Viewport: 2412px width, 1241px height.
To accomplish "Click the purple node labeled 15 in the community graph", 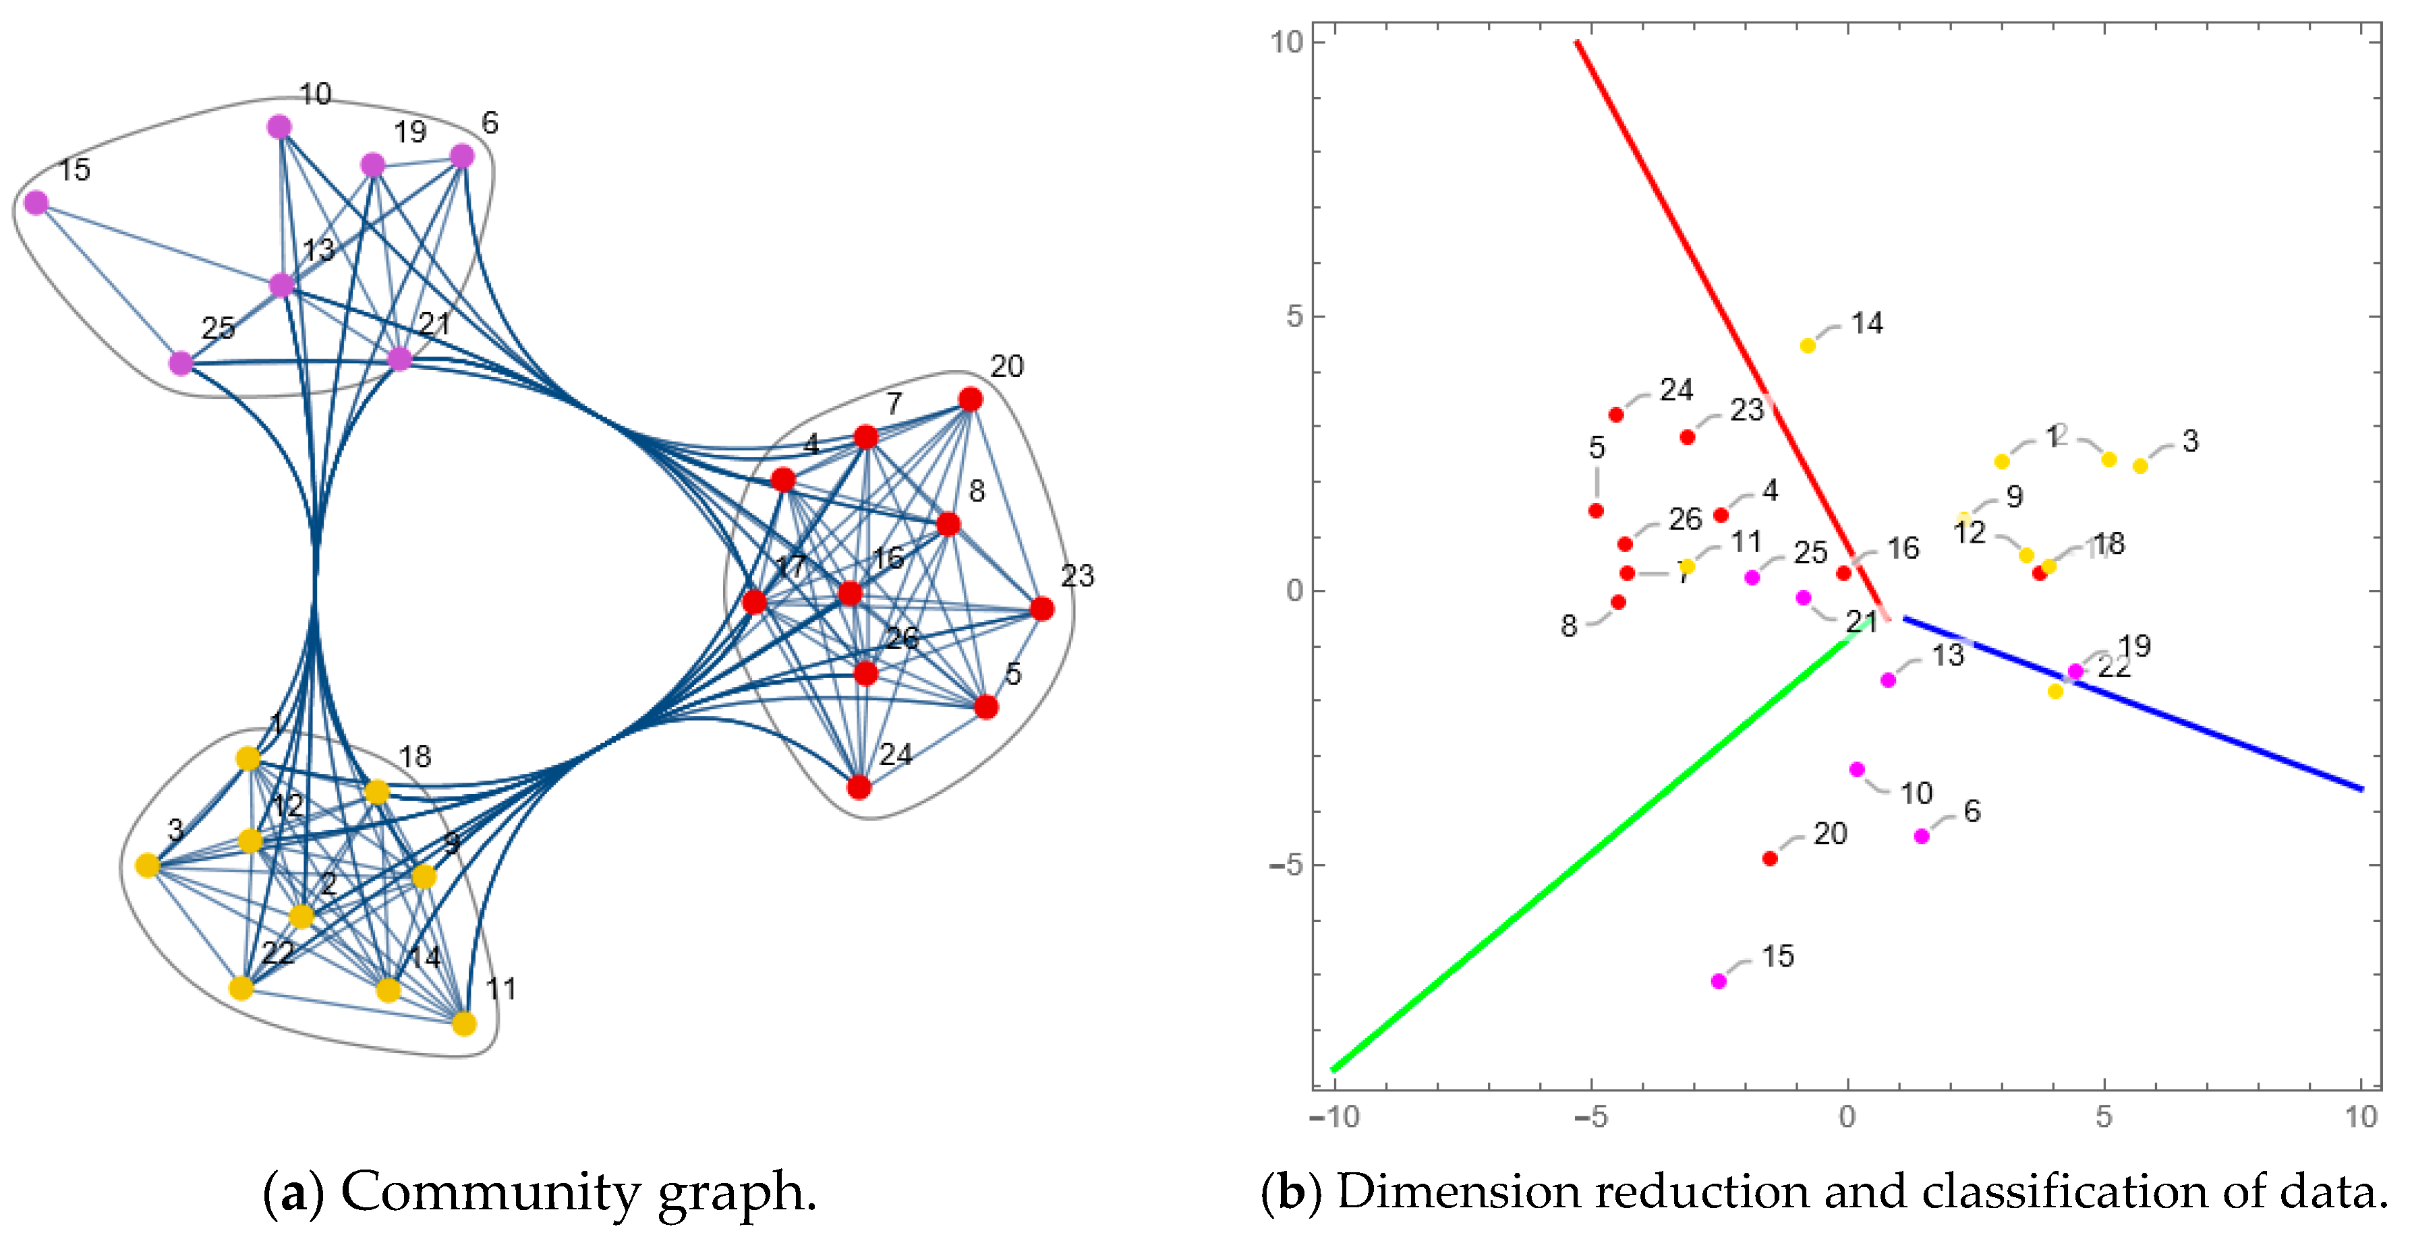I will point(36,203).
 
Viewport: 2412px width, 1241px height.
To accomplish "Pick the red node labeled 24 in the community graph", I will point(859,787).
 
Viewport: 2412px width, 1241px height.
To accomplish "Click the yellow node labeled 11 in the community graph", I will point(463,1024).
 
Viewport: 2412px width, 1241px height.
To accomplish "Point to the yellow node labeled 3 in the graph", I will point(148,866).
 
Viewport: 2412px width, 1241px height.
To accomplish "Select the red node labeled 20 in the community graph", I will point(970,400).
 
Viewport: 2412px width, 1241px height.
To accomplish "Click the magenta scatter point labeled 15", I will point(1718,981).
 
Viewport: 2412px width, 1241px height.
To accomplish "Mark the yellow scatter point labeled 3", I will point(2140,466).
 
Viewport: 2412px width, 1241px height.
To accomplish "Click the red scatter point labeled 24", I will point(1616,415).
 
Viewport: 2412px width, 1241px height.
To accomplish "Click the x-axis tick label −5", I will point(1590,1116).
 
